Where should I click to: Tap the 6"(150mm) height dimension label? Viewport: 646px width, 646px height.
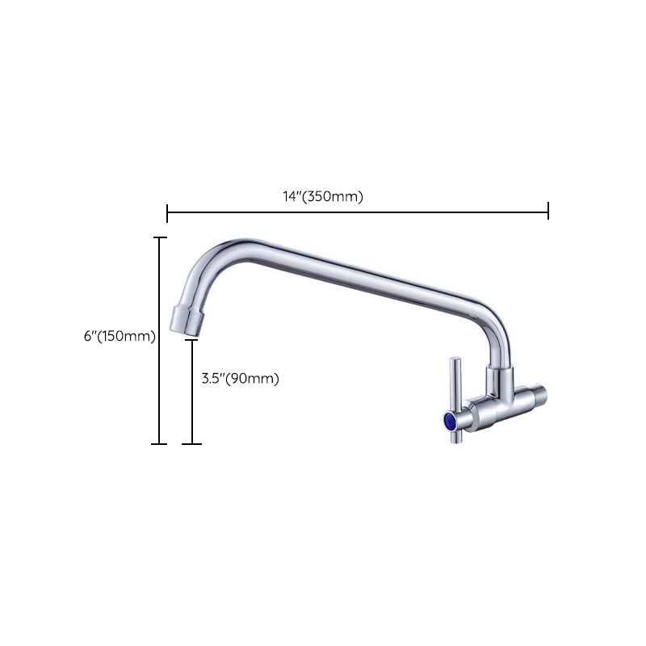[120, 336]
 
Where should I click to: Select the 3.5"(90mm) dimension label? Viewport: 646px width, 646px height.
[240, 379]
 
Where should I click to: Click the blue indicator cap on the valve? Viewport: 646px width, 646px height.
[446, 421]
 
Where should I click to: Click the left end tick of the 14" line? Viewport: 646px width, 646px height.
[167, 212]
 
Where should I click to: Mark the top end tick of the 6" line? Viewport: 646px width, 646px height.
[160, 237]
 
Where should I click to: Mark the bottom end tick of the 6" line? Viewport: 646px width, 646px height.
[160, 443]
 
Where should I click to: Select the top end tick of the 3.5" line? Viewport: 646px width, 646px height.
[191, 340]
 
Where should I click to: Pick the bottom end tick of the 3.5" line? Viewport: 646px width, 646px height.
[191, 443]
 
